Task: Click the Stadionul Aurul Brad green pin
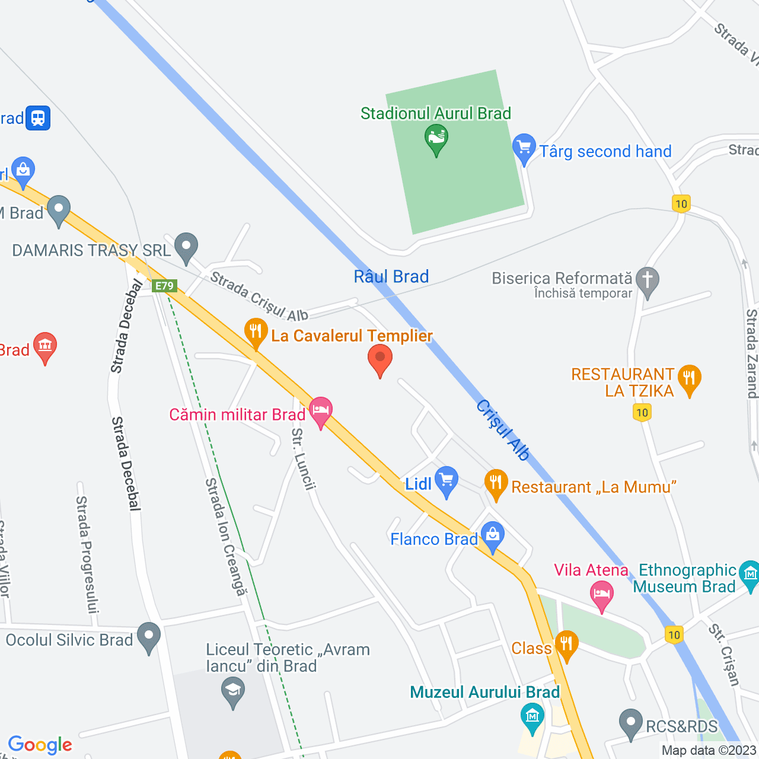pos(436,139)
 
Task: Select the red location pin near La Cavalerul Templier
pos(380,359)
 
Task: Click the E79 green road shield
pos(164,286)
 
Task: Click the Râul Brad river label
pos(391,276)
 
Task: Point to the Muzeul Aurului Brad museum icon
pos(532,716)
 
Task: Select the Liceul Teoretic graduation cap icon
pos(233,691)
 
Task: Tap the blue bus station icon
pos(38,118)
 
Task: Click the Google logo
pos(40,745)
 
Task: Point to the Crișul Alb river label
pos(503,430)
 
